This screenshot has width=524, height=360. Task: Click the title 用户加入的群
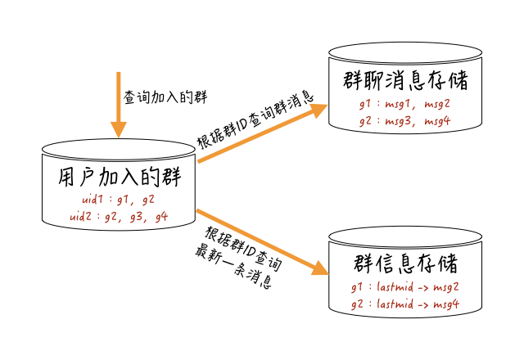click(120, 177)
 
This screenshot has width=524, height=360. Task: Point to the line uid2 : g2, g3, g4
click(119, 216)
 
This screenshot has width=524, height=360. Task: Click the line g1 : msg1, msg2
click(404, 105)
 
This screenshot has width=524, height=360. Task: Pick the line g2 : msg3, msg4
click(404, 121)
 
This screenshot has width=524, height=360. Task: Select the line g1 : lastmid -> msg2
click(404, 288)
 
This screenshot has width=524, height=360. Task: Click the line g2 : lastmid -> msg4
click(404, 304)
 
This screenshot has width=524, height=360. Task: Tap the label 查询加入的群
click(165, 97)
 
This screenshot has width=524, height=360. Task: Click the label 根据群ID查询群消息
click(255, 119)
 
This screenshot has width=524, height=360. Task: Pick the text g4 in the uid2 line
click(161, 217)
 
